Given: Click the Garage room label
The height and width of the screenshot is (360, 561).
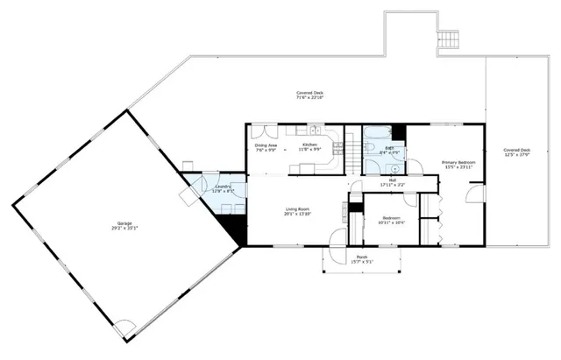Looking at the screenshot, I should tap(124, 225).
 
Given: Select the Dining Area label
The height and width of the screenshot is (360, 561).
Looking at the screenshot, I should tap(266, 147).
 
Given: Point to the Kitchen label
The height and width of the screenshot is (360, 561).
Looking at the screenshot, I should tap(309, 146).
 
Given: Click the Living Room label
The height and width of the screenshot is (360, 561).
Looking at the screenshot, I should tap(298, 210).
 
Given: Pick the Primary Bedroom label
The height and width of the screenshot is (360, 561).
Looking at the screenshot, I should tap(458, 164).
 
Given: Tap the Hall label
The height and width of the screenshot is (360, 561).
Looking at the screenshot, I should tap(392, 182).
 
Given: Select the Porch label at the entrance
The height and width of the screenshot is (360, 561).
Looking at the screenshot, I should tap(362, 258).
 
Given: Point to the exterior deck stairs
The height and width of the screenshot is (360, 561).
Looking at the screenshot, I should tap(448, 39).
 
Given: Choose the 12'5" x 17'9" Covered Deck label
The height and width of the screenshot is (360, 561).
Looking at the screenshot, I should tap(517, 153).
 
